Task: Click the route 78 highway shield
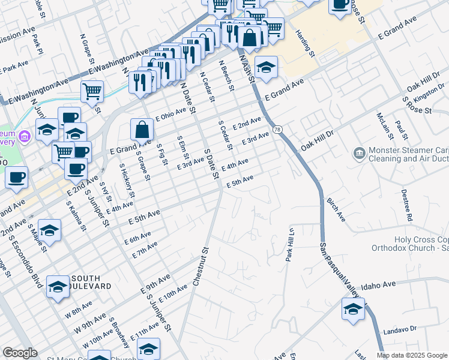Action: (x=277, y=130)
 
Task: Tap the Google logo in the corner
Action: (x=20, y=353)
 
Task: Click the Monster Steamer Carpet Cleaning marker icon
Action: (x=359, y=154)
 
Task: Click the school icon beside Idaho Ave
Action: (x=353, y=309)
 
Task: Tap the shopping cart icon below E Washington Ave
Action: (x=92, y=92)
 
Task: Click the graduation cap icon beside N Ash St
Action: (x=266, y=67)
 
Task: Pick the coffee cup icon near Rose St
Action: (x=340, y=5)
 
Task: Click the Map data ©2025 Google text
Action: (x=412, y=355)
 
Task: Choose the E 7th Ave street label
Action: (x=144, y=250)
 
